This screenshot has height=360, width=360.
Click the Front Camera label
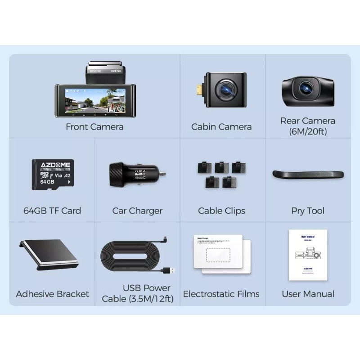click(x=94, y=126)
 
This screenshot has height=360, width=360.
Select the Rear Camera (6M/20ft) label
click(x=308, y=126)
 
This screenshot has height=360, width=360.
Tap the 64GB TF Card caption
click(x=52, y=211)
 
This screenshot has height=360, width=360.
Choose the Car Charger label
click(x=137, y=211)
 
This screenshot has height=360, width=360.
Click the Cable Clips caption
click(x=221, y=211)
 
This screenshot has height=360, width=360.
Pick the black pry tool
click(x=308, y=174)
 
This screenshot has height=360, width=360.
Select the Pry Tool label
click(x=308, y=211)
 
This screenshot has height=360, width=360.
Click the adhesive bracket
click(x=48, y=256)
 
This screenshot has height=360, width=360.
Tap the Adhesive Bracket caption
click(x=52, y=294)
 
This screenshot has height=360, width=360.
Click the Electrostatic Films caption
click(x=221, y=294)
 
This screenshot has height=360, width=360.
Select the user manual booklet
click(x=308, y=255)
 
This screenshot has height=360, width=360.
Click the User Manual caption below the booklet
click(x=308, y=294)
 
